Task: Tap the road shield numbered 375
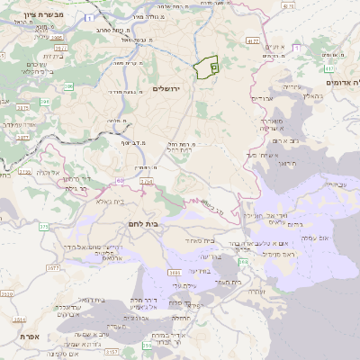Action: click(x=44, y=226)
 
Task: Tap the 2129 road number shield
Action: click(x=24, y=171)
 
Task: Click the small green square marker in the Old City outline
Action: click(x=213, y=66)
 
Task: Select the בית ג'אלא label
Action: click(x=110, y=202)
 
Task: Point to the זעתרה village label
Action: click(x=256, y=292)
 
